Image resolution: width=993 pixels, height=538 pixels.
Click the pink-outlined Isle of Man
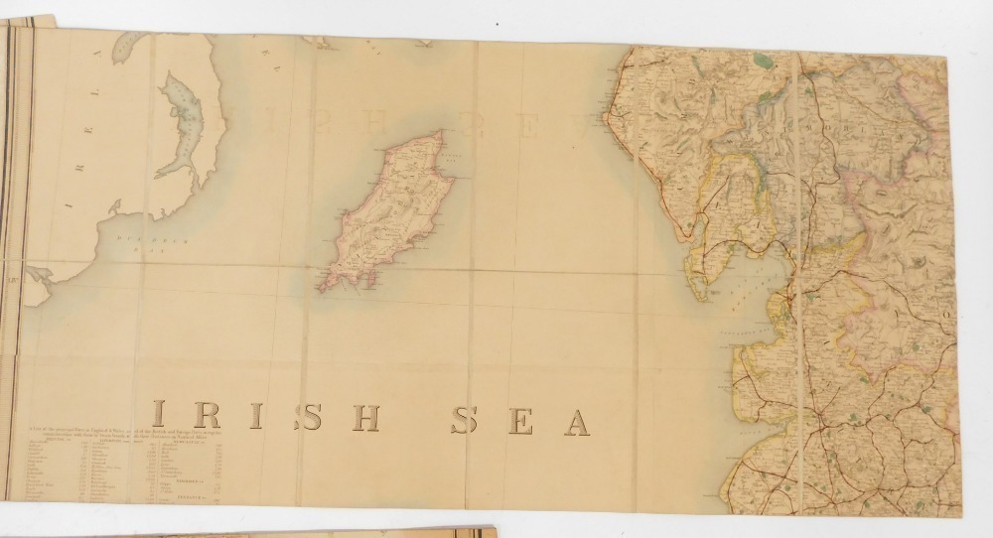coord(383,213)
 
